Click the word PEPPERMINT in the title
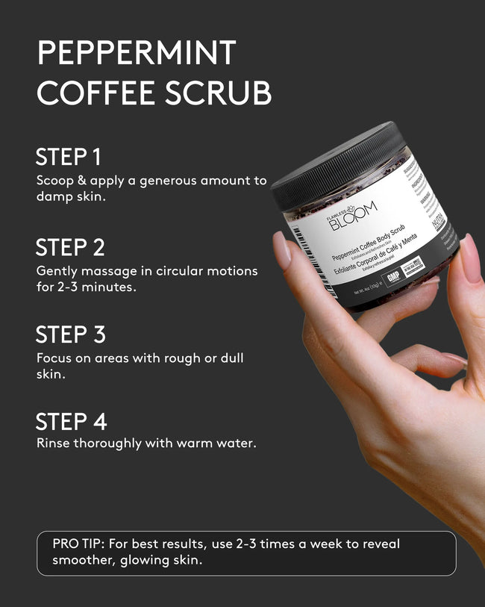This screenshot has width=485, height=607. coord(137,54)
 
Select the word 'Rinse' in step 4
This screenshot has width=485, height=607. coord(54,443)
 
